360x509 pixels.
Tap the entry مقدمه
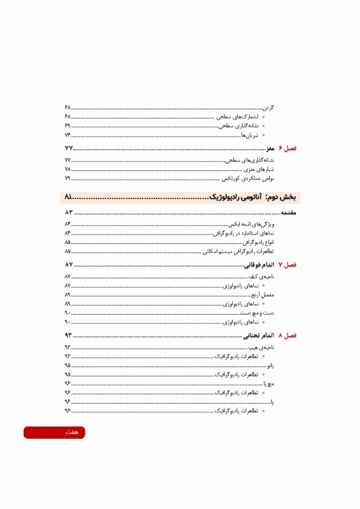click(285, 213)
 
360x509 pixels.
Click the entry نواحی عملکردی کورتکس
click(247, 179)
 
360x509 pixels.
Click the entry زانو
click(270, 365)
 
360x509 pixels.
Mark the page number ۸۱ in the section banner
click(71, 198)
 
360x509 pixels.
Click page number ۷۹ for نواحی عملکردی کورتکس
click(68, 179)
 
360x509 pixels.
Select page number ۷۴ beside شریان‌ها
click(68, 135)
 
